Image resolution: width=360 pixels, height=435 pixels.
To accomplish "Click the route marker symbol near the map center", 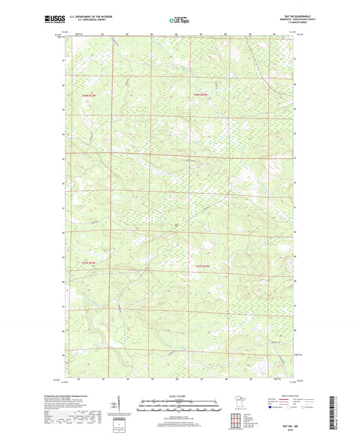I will coord(177,224).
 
